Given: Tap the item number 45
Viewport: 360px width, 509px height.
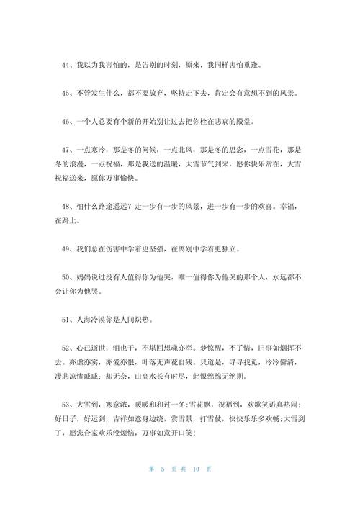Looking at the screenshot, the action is pos(66,93).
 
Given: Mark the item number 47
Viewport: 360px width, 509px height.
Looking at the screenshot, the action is pos(66,150).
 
